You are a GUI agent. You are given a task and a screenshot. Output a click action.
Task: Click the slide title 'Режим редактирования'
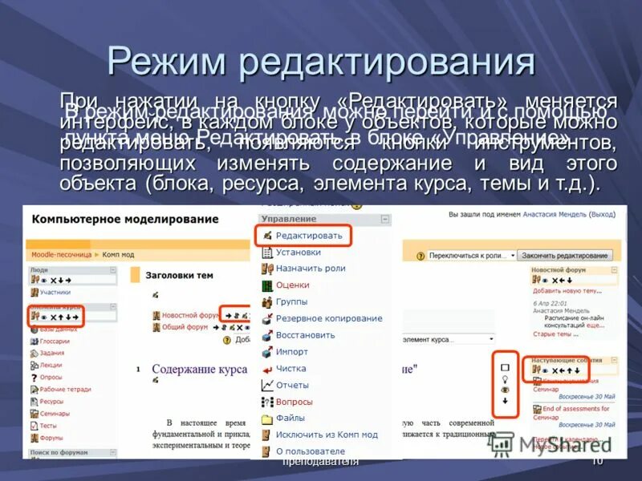321,63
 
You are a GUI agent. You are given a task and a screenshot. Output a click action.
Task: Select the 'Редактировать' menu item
308,235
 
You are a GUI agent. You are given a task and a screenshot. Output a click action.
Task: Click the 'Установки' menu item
298,252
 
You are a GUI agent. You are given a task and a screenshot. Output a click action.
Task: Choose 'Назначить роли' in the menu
310,269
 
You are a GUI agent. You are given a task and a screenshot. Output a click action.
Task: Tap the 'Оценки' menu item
292,285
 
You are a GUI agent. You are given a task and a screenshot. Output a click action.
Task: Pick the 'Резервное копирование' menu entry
328,318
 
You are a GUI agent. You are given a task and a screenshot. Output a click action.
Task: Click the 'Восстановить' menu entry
305,334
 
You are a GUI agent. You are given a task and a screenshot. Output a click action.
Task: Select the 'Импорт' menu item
291,352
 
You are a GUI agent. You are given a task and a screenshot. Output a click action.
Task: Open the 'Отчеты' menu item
292,385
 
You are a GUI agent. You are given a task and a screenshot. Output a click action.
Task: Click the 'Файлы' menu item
290,418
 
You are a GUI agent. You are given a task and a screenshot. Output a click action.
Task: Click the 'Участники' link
55,293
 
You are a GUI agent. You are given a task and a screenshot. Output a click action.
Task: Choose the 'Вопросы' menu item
294,402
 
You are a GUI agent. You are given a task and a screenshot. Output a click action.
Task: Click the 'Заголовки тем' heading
179,275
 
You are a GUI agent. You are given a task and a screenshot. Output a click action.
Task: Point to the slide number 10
597,462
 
